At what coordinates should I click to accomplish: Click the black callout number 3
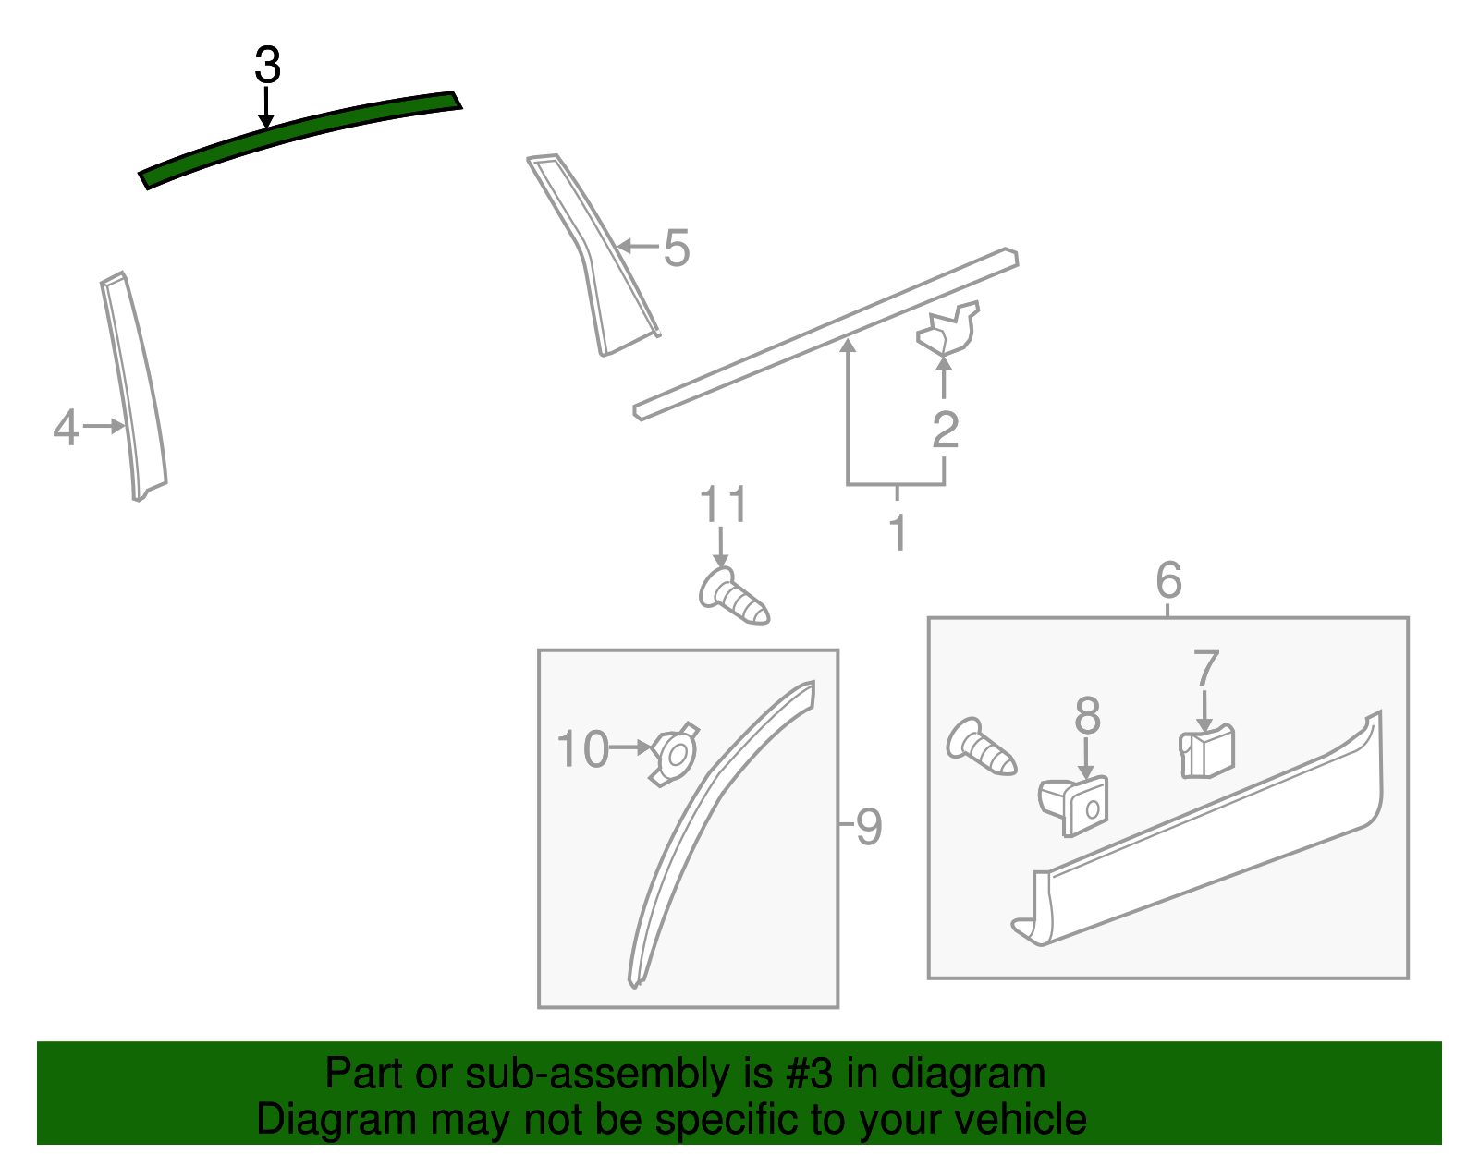tap(267, 66)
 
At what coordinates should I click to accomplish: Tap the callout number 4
tap(66, 427)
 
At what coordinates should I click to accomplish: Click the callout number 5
tap(677, 248)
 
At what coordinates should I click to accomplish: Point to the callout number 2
tap(946, 430)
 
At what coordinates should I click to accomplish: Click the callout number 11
tap(724, 504)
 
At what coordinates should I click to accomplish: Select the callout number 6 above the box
tap(1168, 579)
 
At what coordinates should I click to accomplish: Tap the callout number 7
tap(1206, 668)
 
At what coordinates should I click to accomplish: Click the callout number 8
tap(1087, 715)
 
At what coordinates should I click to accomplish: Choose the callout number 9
tap(869, 827)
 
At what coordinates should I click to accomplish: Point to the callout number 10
tap(582, 748)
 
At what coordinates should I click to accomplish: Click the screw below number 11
tap(734, 596)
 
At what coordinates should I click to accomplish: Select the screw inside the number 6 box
tap(981, 747)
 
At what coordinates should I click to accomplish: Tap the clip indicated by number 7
tap(1206, 751)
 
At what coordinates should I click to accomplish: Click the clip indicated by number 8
tap(1073, 806)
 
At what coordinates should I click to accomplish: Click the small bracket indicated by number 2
tap(947, 329)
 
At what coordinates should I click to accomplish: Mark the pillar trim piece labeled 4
tap(134, 386)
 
